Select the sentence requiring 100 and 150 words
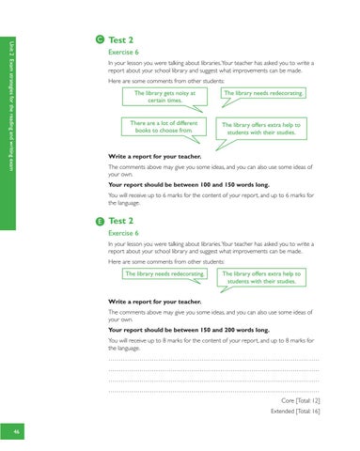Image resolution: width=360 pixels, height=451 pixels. click(183, 185)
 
